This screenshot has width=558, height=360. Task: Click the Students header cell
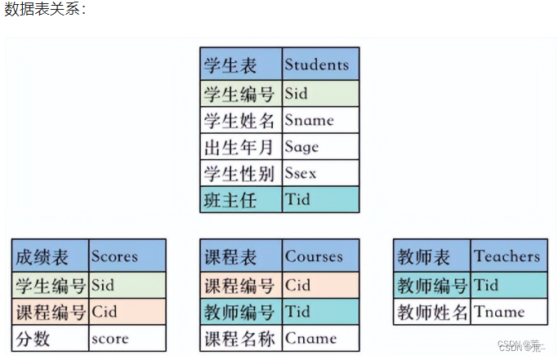(320, 64)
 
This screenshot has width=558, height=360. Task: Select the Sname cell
(320, 120)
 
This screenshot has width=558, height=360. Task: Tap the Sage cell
(320, 147)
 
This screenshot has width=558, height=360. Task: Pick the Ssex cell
(320, 173)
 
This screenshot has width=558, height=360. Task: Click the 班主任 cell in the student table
(241, 199)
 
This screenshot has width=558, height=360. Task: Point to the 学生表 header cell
(241, 64)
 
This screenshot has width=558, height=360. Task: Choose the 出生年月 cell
(241, 147)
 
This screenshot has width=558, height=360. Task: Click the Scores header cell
(127, 256)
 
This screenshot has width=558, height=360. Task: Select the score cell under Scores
(127, 337)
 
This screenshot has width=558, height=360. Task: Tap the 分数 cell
(50, 337)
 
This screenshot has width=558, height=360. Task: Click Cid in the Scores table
(127, 311)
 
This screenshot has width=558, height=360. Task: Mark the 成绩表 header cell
(50, 256)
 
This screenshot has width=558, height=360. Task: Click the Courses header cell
(320, 256)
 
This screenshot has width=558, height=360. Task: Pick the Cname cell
(320, 337)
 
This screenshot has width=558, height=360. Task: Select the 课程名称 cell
(241, 337)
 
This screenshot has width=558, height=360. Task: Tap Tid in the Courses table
(320, 311)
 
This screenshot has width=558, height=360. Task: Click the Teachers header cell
(509, 256)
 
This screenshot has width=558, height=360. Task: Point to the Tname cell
(509, 311)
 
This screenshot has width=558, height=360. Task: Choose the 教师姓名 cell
(431, 311)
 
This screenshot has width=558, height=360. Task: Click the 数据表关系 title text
(45, 10)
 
